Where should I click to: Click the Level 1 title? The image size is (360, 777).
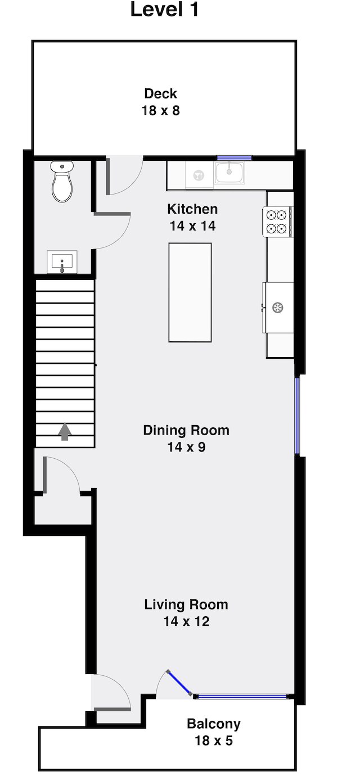(165, 10)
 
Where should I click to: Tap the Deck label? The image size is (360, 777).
(160, 93)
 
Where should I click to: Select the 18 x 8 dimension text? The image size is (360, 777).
(160, 110)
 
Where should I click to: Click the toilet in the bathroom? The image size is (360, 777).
(62, 181)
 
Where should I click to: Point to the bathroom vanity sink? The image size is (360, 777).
(62, 262)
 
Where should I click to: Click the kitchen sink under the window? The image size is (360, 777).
(229, 173)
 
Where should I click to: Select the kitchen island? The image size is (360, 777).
(190, 292)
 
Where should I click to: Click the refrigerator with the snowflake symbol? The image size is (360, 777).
(278, 308)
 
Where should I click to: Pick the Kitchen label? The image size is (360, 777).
(192, 209)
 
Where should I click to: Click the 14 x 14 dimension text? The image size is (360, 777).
(192, 226)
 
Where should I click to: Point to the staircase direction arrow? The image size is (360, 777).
(65, 432)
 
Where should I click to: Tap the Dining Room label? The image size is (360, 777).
(186, 430)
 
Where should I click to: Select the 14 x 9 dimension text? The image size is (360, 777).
(186, 447)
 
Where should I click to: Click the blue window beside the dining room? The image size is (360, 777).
(297, 415)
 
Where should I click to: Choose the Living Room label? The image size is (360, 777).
(186, 604)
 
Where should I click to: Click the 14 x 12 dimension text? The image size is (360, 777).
(186, 621)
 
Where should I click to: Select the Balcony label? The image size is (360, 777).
(214, 724)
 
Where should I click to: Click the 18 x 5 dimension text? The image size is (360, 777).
(214, 740)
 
